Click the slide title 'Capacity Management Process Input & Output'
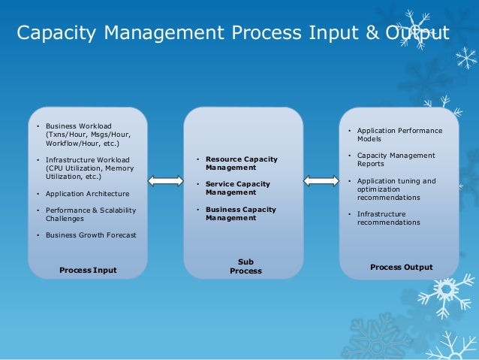coord(233,34)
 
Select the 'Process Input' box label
coord(88,270)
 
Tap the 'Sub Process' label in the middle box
coord(246,266)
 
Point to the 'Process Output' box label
coord(401,267)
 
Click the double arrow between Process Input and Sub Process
coord(165,180)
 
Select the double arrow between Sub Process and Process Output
coord(321,180)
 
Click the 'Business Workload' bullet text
coord(78,126)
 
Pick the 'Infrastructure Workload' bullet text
coord(87,159)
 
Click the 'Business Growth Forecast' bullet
coord(91,235)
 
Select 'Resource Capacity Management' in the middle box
coord(241,163)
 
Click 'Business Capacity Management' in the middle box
coord(240,213)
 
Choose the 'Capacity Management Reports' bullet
coord(396,159)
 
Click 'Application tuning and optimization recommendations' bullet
coord(396,189)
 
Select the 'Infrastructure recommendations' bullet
coord(388,218)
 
